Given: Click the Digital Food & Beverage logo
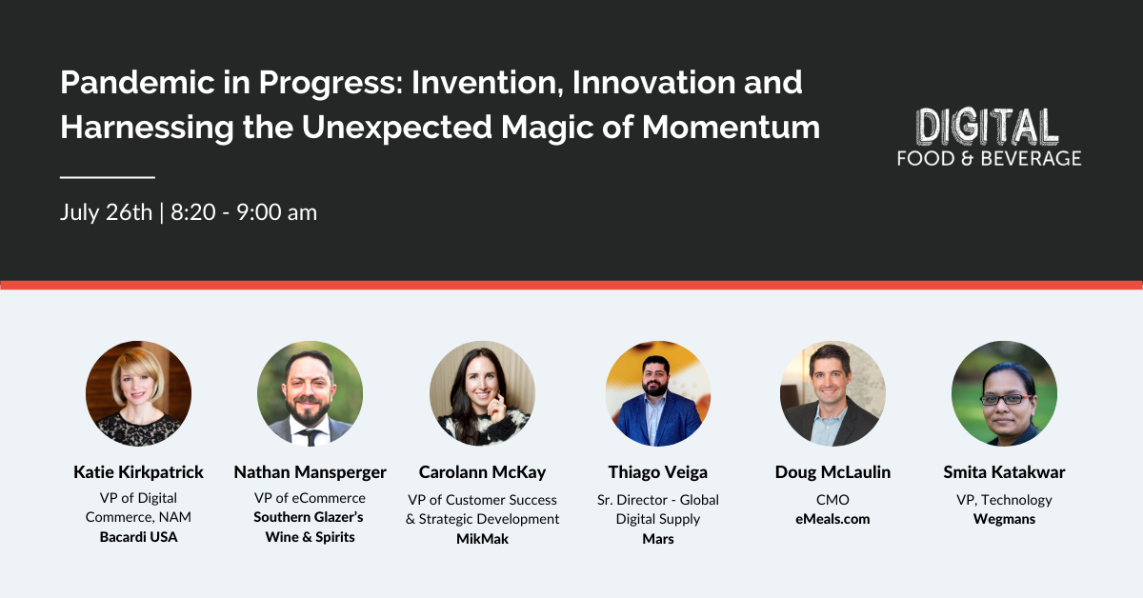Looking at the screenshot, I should click(x=989, y=138).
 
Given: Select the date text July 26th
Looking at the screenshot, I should click(x=105, y=212).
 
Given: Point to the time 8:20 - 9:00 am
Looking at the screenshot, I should click(x=244, y=212).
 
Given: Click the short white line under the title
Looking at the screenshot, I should click(x=107, y=177).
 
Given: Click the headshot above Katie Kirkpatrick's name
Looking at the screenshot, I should click(x=138, y=393).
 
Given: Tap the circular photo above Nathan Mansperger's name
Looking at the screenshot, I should click(x=310, y=393).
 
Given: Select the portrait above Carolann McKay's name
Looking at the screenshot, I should click(x=482, y=393).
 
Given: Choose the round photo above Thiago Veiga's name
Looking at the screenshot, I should click(x=658, y=393).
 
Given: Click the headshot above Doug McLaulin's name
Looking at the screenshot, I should click(x=832, y=393).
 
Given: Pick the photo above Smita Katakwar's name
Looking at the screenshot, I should click(x=1004, y=393).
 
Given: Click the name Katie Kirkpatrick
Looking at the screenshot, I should click(x=138, y=472).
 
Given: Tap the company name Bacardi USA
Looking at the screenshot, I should click(x=138, y=537).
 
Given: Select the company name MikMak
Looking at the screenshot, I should click(x=482, y=539).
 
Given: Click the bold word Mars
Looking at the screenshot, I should click(x=658, y=539).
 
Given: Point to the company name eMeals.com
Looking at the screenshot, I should click(x=832, y=519).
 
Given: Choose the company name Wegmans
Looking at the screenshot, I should click(x=1004, y=519).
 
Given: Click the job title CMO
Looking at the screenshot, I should click(x=832, y=500).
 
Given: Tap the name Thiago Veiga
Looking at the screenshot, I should click(x=658, y=472).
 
